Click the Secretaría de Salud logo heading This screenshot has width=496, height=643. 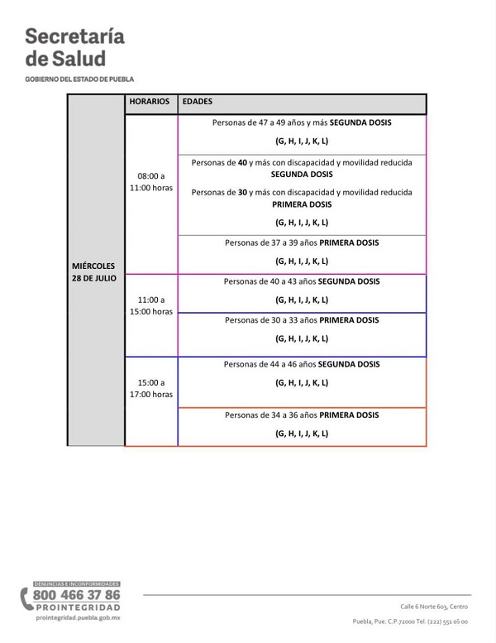coord(74,48)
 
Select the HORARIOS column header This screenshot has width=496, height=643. coord(150,102)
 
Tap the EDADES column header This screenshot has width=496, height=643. coord(197,102)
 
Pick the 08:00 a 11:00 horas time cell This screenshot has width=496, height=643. coord(150,182)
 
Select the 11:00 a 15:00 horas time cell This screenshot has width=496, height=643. coord(150,305)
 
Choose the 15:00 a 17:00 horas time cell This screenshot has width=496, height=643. coord(150,389)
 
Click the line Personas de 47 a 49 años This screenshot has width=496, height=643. coord(302,122)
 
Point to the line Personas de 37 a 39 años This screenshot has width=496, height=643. coord(302,243)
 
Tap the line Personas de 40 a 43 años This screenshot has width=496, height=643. coord(302,281)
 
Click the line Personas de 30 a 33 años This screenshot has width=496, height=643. coord(302,319)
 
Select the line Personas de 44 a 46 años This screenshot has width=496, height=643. coord(302,364)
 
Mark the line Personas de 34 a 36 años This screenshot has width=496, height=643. coord(302,415)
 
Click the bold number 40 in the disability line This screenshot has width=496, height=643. coord(242,163)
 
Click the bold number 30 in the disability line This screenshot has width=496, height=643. coord(242,193)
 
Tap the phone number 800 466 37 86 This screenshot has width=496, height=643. coord(76,595)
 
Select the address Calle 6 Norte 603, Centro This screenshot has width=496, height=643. coord(434,607)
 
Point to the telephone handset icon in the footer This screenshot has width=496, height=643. coord(26,599)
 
